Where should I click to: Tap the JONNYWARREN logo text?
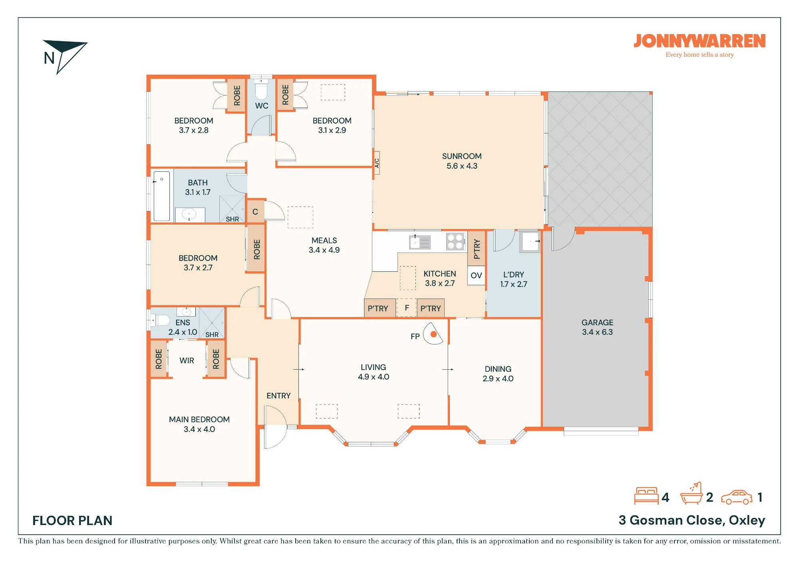[x=700, y=41]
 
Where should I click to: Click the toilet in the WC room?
[x=261, y=90]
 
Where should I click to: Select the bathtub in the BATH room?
[x=162, y=196]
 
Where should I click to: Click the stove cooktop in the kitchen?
[x=455, y=241]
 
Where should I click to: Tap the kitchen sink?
[x=419, y=242]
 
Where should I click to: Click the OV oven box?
[x=476, y=275]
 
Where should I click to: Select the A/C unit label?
[x=377, y=163]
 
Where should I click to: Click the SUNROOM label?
[x=462, y=156]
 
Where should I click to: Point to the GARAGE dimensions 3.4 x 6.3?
[x=597, y=332]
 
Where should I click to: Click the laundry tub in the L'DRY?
[x=530, y=242]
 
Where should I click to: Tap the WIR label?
[x=187, y=360]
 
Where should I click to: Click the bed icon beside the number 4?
[x=646, y=496]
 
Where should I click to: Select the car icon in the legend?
[x=737, y=497]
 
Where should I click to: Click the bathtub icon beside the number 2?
[x=691, y=494]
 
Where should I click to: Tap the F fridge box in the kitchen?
[x=407, y=308]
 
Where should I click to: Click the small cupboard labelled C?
[x=255, y=211]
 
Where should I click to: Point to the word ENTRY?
[x=278, y=396]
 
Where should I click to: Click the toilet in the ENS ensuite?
[x=161, y=320]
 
